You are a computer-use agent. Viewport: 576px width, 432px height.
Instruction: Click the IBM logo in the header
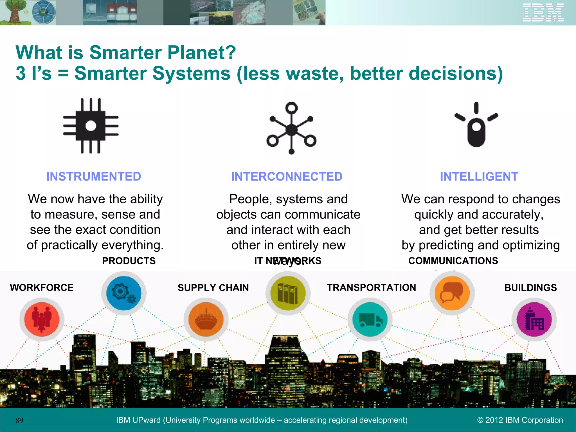(x=543, y=13)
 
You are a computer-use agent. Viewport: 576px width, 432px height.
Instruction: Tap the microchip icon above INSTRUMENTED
(x=91, y=126)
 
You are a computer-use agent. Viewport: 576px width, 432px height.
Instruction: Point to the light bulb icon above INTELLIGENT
(x=476, y=125)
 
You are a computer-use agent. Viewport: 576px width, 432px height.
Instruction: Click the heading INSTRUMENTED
(x=94, y=177)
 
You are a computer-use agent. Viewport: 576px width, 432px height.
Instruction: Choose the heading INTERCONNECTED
(x=287, y=177)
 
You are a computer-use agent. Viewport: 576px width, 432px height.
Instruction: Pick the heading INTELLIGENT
(x=479, y=177)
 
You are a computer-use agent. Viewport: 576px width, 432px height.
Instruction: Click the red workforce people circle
(x=42, y=319)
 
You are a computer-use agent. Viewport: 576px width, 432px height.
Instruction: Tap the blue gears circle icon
(x=124, y=293)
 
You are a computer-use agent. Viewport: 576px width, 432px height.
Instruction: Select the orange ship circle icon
(x=206, y=319)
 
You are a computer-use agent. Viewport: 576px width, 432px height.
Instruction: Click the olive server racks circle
(x=288, y=293)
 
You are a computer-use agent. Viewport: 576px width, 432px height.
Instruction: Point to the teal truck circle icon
(x=370, y=319)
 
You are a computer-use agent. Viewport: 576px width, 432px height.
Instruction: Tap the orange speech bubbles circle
(x=452, y=293)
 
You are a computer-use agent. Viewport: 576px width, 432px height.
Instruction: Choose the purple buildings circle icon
(x=534, y=319)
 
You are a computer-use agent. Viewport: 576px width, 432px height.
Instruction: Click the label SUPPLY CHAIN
(x=213, y=288)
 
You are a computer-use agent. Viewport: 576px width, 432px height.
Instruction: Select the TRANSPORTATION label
(x=371, y=287)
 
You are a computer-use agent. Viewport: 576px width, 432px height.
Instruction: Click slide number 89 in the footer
(x=19, y=420)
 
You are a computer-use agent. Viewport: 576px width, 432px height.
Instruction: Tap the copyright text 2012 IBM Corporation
(x=520, y=420)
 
